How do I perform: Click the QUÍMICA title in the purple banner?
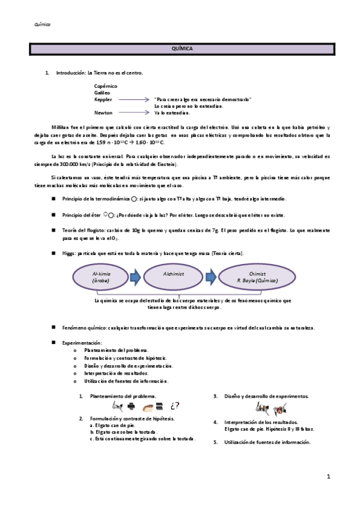(x=182, y=49)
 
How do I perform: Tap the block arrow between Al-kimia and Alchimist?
(x=135, y=277)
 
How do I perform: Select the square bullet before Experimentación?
(x=53, y=342)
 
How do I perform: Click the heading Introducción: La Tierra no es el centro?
(x=99, y=73)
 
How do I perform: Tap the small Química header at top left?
(x=42, y=25)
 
